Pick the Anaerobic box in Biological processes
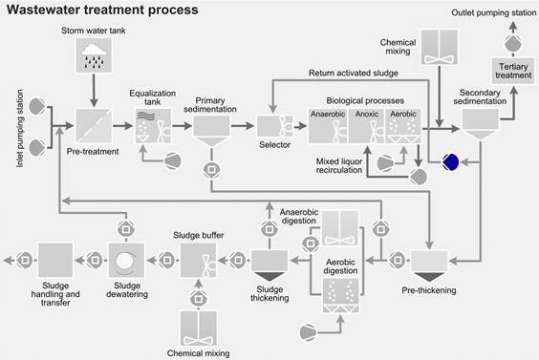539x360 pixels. click(x=327, y=125)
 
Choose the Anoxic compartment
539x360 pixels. click(x=367, y=125)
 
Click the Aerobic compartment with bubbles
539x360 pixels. click(x=406, y=125)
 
